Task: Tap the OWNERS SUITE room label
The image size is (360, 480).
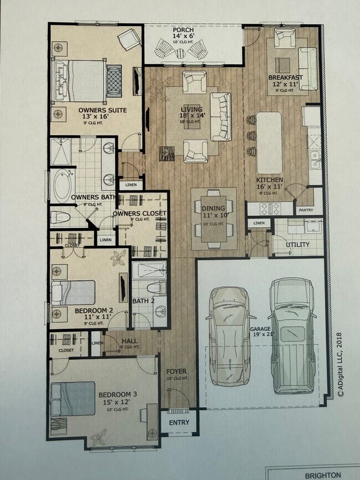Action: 102,110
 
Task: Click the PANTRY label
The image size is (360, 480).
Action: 306,210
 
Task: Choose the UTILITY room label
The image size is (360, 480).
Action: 297,244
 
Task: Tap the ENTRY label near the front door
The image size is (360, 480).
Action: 178,422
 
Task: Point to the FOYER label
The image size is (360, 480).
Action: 176,371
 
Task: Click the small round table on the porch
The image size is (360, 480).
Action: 180,53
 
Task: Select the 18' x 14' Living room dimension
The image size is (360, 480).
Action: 192,115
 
